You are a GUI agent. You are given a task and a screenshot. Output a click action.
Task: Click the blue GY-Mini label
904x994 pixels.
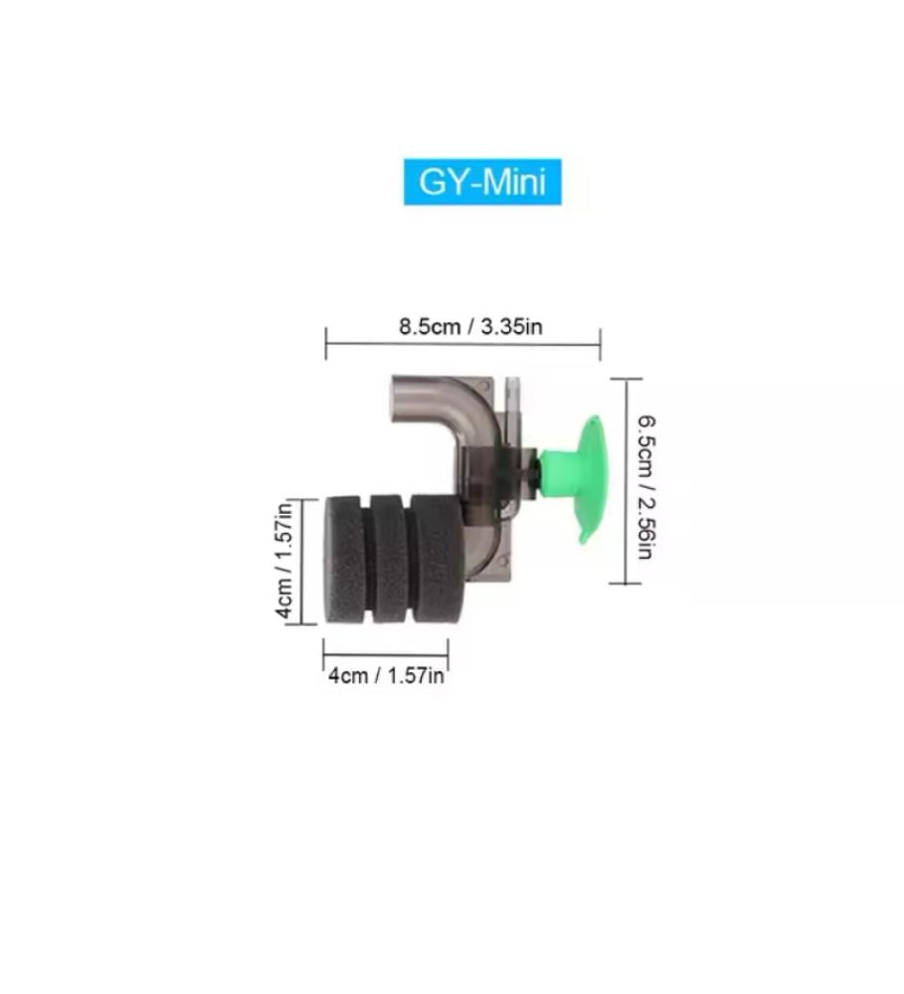coord(482,182)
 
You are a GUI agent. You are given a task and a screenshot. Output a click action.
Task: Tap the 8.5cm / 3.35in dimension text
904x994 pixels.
coord(470,327)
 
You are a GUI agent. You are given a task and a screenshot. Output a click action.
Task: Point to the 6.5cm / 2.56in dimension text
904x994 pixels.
coord(645,487)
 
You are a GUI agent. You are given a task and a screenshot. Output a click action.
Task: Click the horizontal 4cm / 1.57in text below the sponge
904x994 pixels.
coord(386,676)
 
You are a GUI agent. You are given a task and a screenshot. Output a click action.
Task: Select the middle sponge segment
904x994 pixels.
coord(388,559)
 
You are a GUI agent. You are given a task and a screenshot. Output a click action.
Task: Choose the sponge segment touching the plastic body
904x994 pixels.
coord(438,559)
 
